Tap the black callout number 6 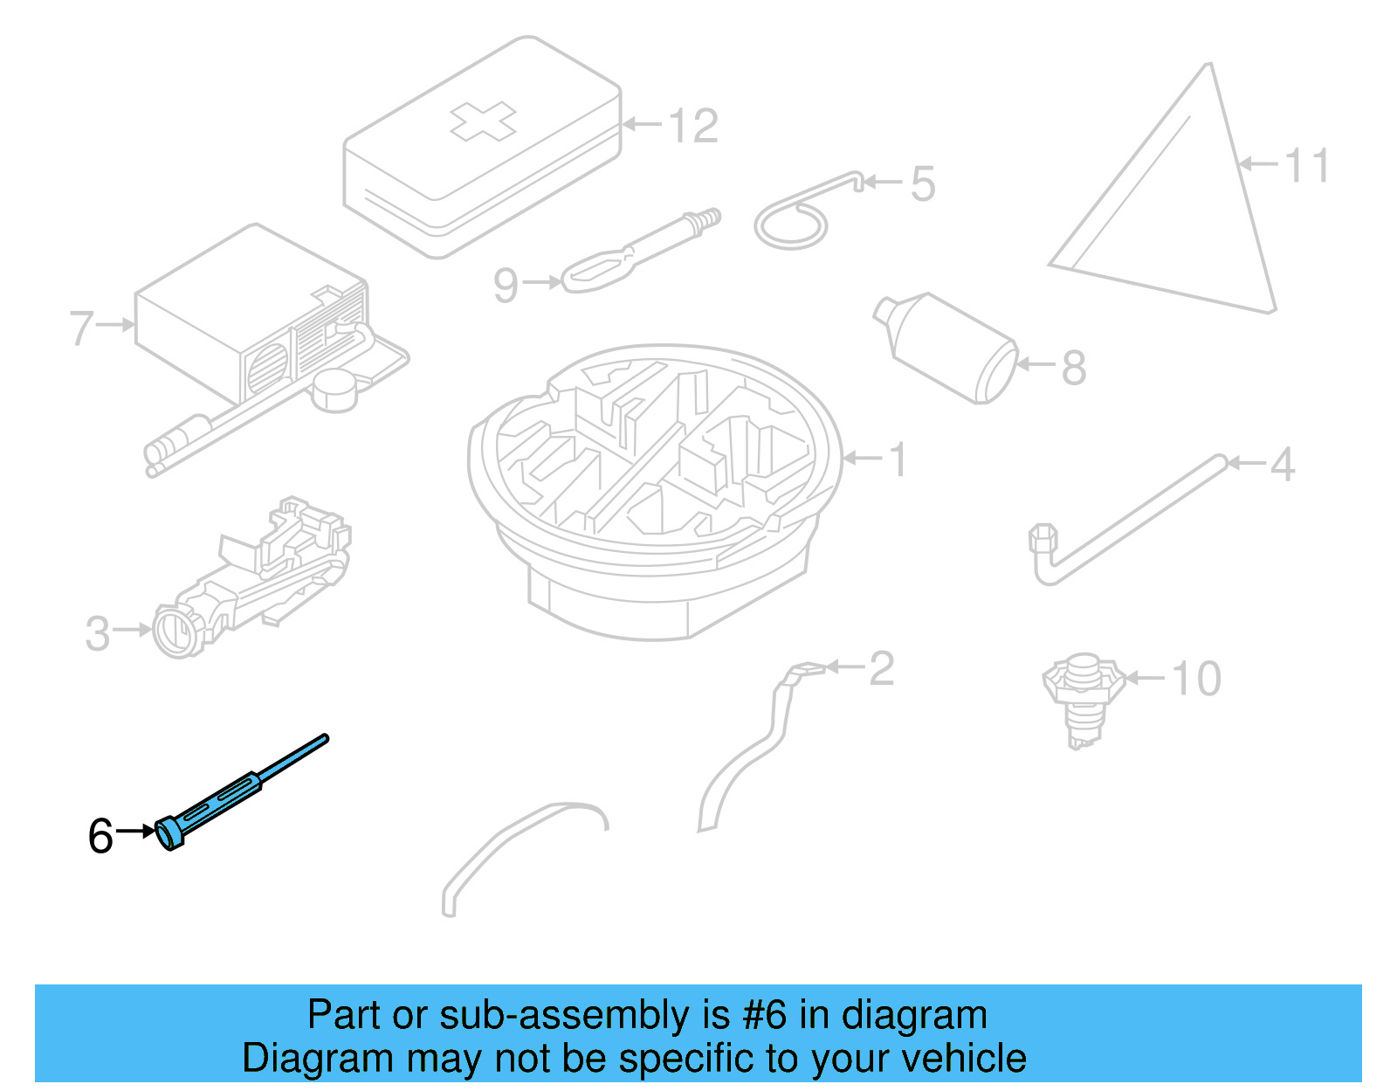pos(100,836)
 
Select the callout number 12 pos(694,127)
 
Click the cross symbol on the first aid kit pos(483,121)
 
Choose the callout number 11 pos(1307,165)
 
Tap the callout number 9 pos(506,285)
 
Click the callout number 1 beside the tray pos(898,459)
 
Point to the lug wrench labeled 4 pos(1126,520)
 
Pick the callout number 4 pos(1282,465)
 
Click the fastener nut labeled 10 pos(1083,690)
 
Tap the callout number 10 pos(1195,679)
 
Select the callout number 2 pos(881,669)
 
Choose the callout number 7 pos(81,328)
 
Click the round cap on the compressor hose pos(334,389)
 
